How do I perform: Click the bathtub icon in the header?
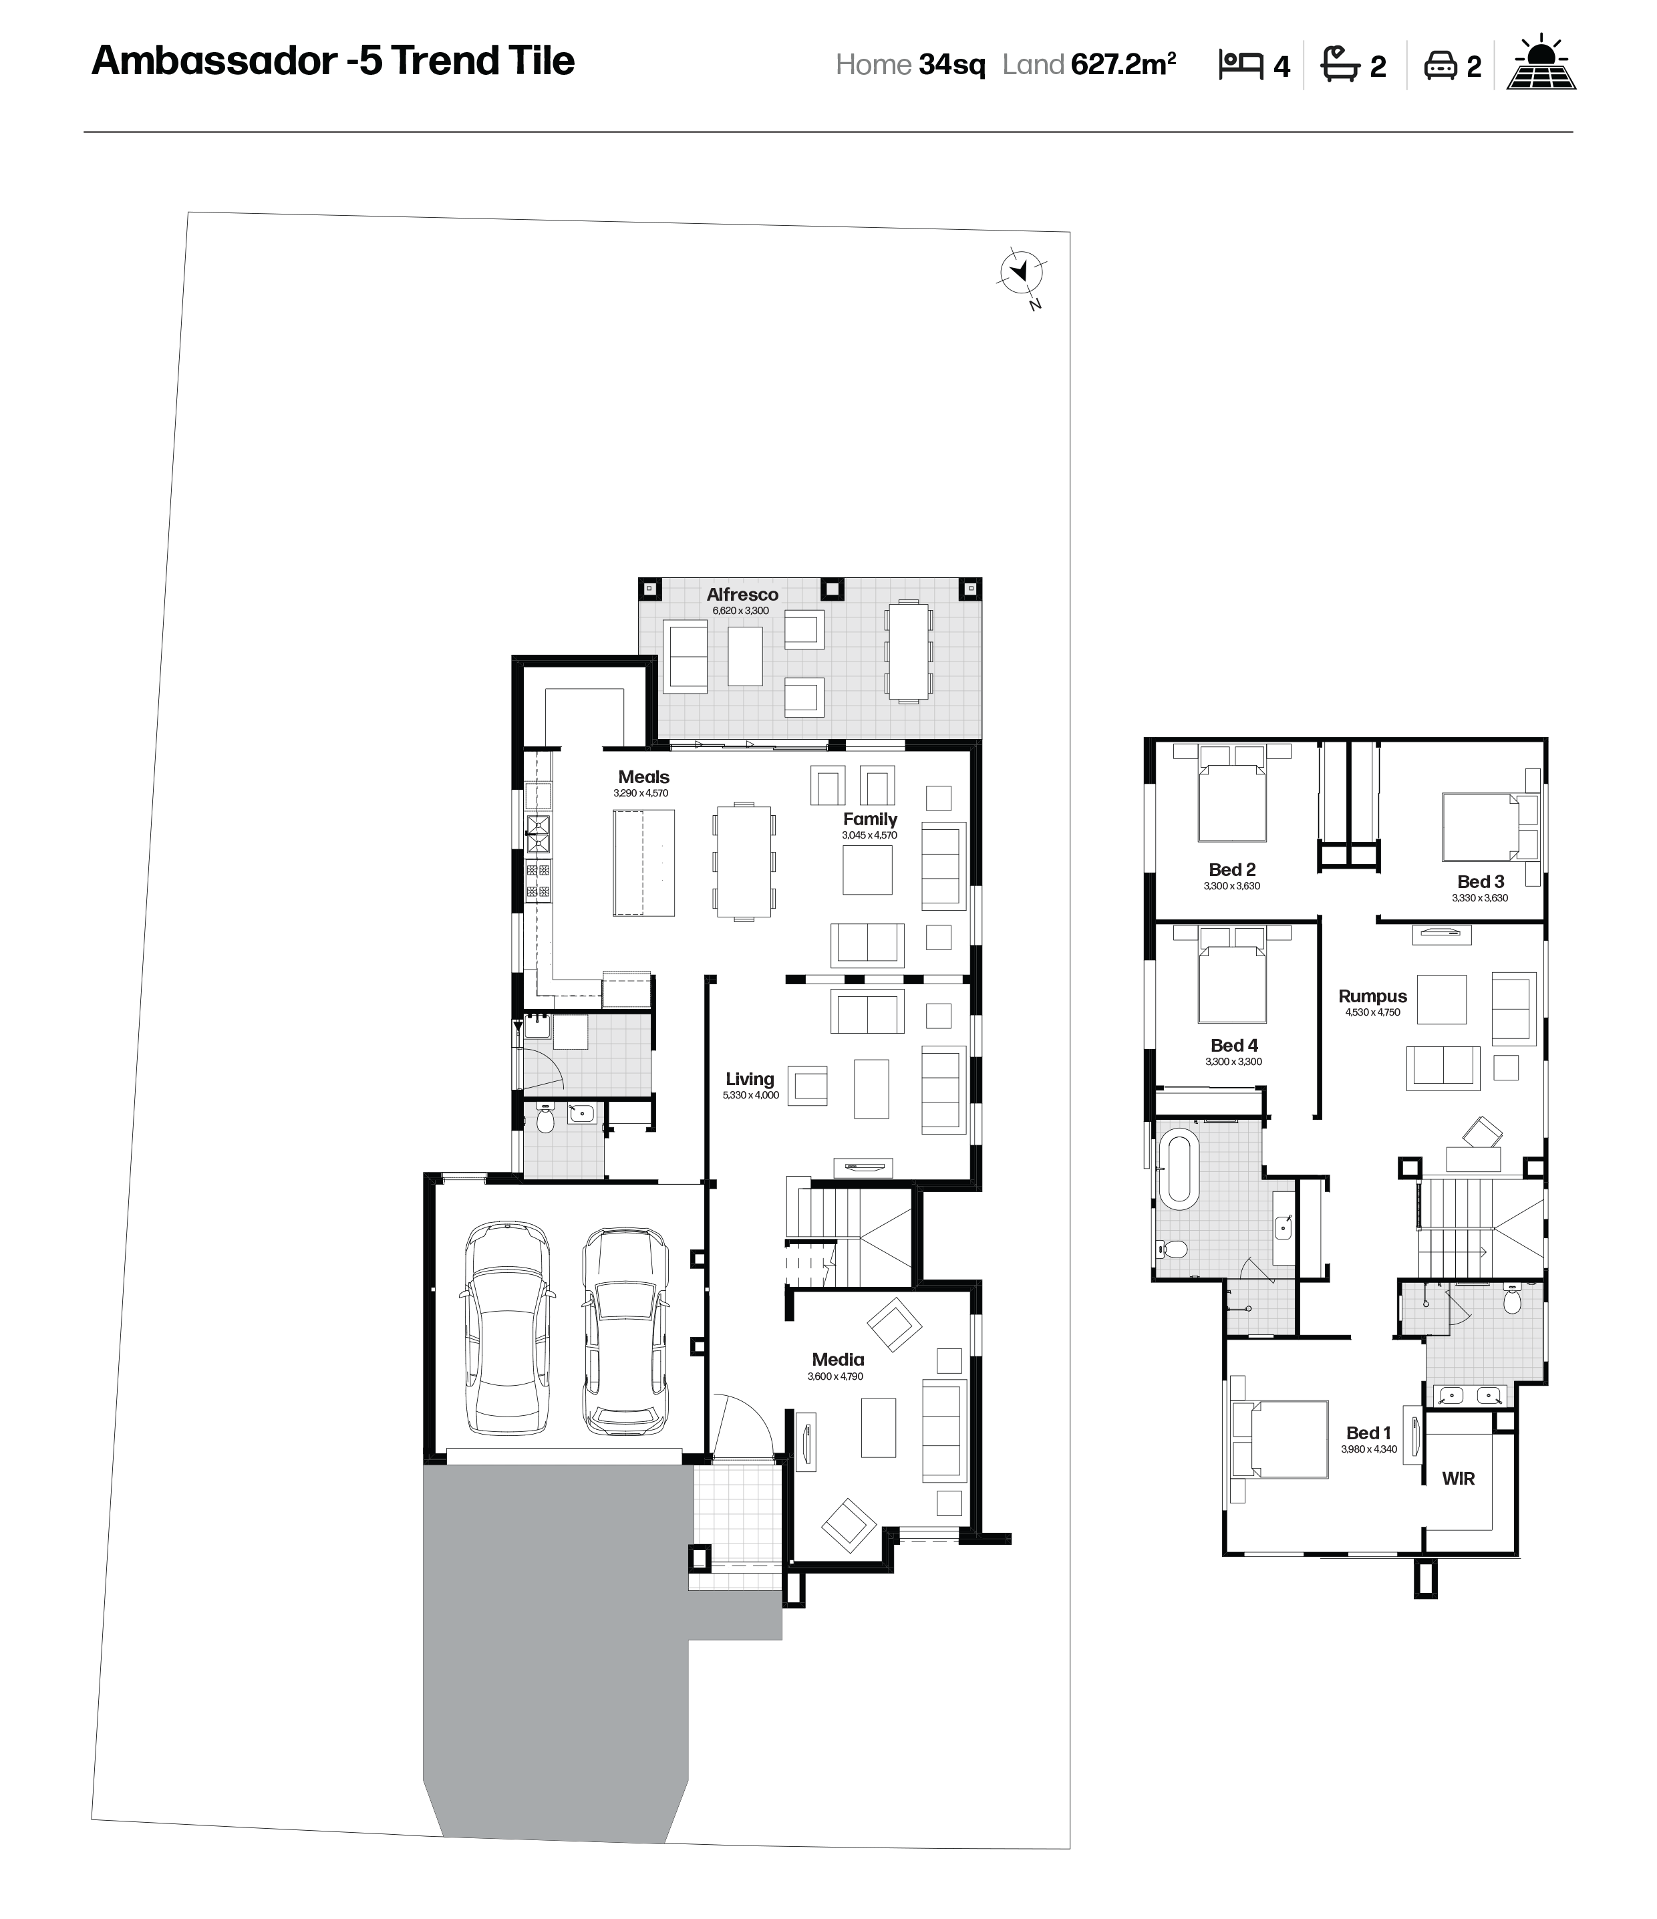1340,65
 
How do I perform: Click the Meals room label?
643,777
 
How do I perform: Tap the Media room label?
837,1360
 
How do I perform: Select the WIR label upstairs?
1458,1479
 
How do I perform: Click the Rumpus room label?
1372,996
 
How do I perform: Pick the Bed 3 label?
1480,882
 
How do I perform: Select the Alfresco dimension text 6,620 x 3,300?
740,611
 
